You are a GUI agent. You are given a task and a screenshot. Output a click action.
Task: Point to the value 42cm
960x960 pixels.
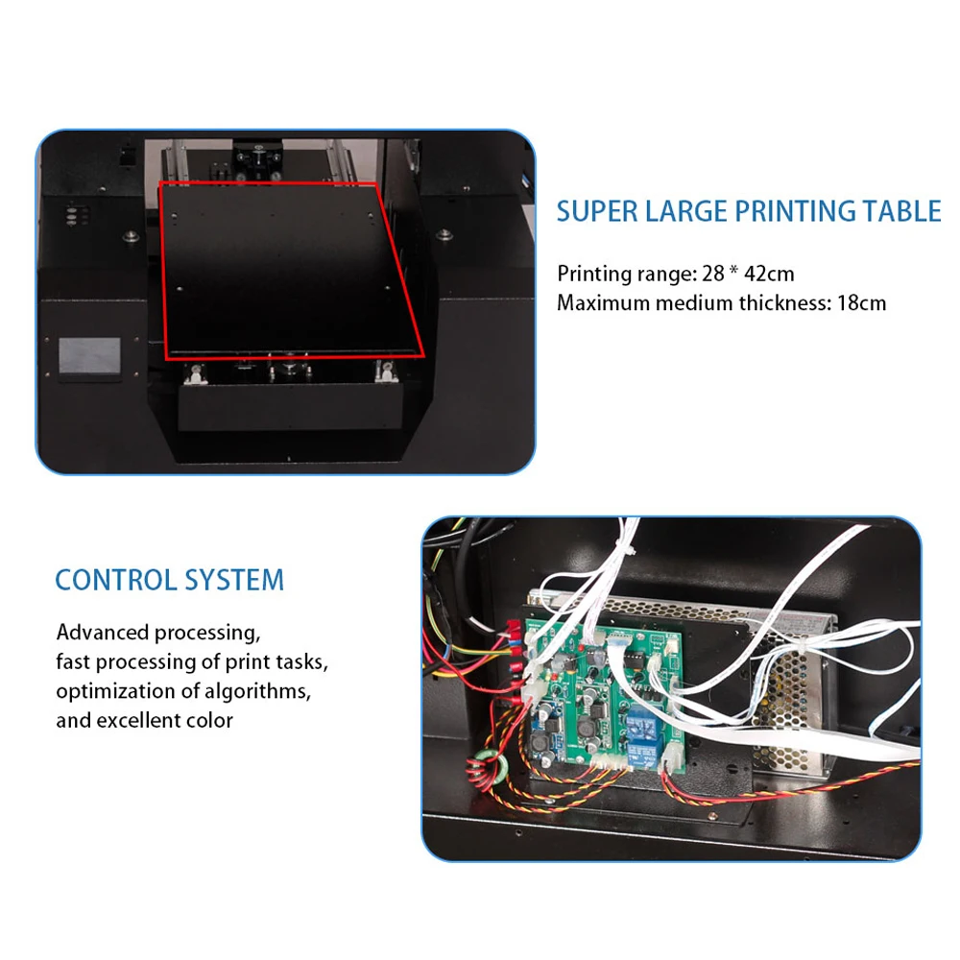pos(769,274)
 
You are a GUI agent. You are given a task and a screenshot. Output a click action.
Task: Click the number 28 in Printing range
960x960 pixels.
pos(713,274)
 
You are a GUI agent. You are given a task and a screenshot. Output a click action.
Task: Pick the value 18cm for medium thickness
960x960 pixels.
pos(861,303)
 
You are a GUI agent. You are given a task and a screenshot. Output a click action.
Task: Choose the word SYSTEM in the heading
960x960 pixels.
pos(234,580)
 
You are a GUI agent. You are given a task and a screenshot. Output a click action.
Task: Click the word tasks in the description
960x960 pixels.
pos(301,661)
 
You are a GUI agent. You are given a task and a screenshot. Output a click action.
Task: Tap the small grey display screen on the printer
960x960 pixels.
pos(89,356)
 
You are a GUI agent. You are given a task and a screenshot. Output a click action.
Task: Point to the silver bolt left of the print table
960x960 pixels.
pos(130,236)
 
